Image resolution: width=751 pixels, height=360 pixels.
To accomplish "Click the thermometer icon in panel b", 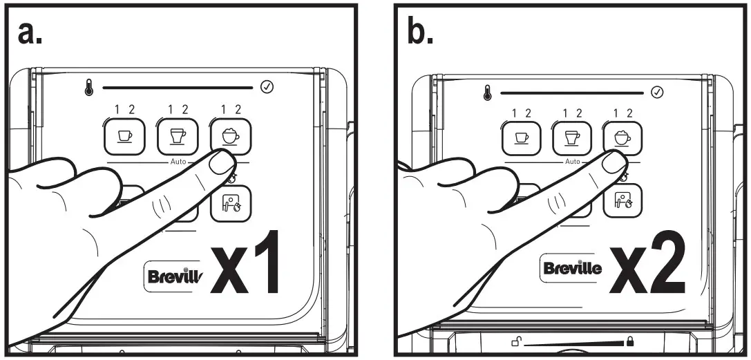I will pyautogui.click(x=486, y=92).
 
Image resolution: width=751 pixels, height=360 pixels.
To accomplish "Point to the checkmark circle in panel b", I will pyautogui.click(x=658, y=92).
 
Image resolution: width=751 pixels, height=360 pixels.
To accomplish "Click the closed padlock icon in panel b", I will pyautogui.click(x=629, y=341).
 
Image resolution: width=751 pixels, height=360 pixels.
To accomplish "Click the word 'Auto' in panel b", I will pyautogui.click(x=572, y=162).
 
